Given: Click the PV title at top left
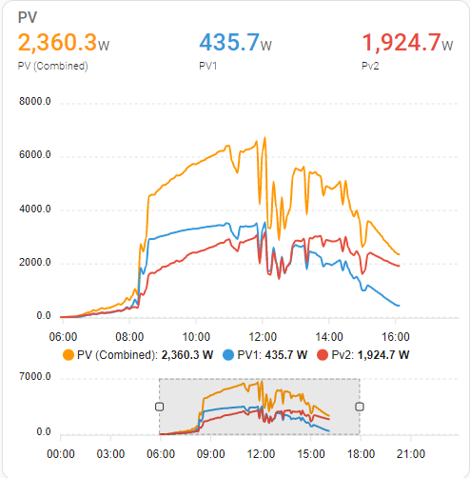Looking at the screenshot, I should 28,18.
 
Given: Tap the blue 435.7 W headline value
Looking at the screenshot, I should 228,44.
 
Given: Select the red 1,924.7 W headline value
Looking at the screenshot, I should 401,44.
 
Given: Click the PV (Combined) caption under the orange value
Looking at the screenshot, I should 52,66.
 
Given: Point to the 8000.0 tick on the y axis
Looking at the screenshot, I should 35,102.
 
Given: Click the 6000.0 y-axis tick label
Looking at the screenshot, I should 35,156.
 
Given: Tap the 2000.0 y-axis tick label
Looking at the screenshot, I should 35,263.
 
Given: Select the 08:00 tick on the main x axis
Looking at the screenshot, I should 128,335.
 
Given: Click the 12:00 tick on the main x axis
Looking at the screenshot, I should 263,335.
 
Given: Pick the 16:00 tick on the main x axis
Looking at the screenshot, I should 396,335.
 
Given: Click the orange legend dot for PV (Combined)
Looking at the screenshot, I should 67,355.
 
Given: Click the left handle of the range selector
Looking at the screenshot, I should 159,406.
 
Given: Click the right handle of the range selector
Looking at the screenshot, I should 360,406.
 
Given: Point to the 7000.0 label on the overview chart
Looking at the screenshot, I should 35,378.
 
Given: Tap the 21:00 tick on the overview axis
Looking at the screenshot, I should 410,453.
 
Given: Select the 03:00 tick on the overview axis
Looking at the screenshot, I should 110,453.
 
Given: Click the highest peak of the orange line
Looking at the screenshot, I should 264,137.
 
